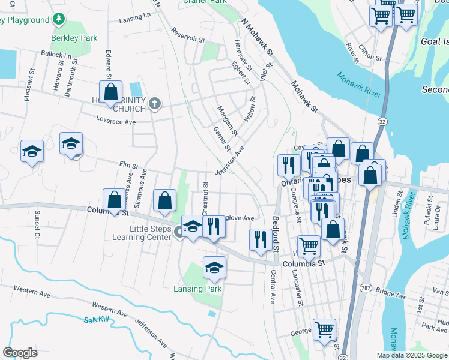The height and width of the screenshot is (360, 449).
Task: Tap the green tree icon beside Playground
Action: click(x=59, y=20)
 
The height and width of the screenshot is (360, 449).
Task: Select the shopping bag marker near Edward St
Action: click(x=110, y=93)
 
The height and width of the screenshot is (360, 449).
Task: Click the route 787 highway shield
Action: click(x=365, y=289)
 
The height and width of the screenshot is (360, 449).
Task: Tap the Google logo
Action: click(x=20, y=352)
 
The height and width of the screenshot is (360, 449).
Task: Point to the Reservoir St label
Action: click(x=187, y=35)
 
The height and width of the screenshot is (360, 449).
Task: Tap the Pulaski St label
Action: click(x=429, y=205)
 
